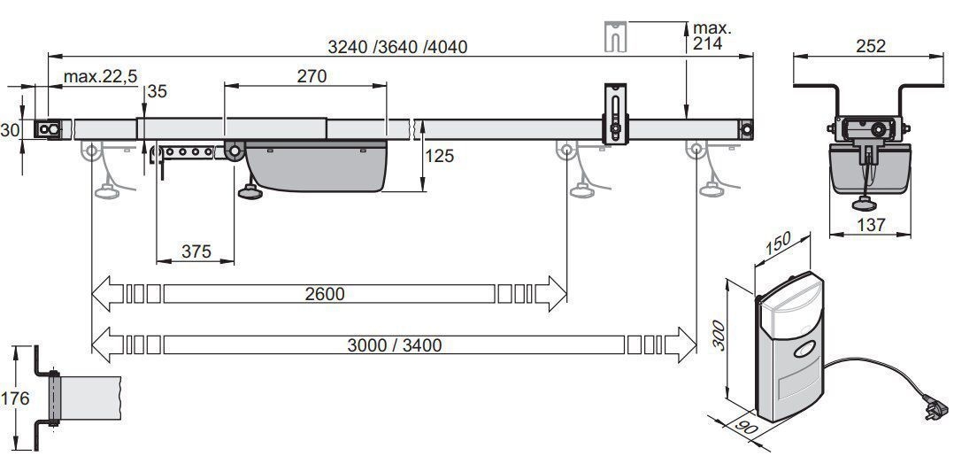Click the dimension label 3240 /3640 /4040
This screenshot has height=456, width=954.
click(x=397, y=46)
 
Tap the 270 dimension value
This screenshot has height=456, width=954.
click(x=312, y=76)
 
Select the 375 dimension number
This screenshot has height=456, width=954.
click(x=196, y=251)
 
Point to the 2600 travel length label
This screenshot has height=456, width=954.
click(x=324, y=294)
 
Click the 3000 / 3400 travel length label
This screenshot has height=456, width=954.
click(x=395, y=345)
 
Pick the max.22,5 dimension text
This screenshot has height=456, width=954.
click(x=101, y=77)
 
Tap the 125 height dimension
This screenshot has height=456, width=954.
click(x=439, y=156)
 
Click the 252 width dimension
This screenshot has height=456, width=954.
click(x=871, y=46)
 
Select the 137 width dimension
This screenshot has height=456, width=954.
click(x=871, y=225)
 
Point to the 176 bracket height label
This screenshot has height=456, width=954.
click(x=14, y=398)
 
